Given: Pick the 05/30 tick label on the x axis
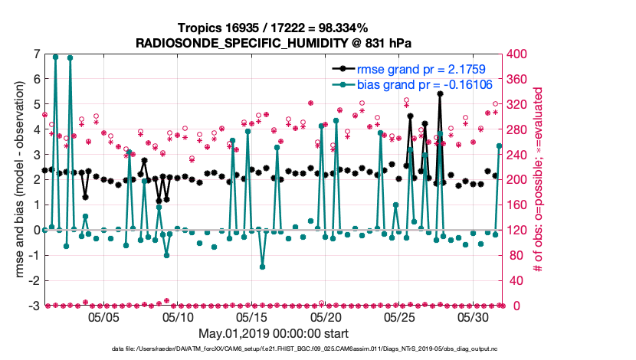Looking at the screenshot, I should click(474, 316).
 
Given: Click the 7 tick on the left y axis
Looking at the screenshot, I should click(36, 54).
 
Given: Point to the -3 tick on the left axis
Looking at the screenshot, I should click(34, 306).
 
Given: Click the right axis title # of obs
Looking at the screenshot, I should click(539, 180).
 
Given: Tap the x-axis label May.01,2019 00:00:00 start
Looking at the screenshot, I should click(274, 334).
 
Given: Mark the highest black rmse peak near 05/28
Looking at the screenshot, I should click(441, 93).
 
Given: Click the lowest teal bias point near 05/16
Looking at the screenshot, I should click(262, 267).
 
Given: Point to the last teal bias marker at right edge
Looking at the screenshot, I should click(500, 146).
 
